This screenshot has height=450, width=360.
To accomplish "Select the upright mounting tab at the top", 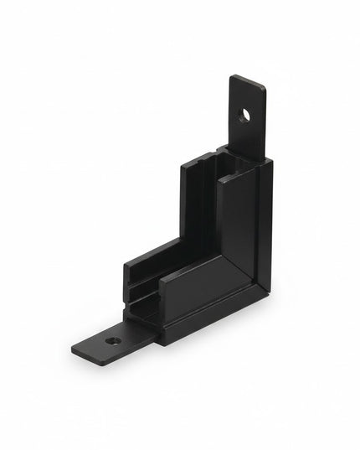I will click(248, 105).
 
